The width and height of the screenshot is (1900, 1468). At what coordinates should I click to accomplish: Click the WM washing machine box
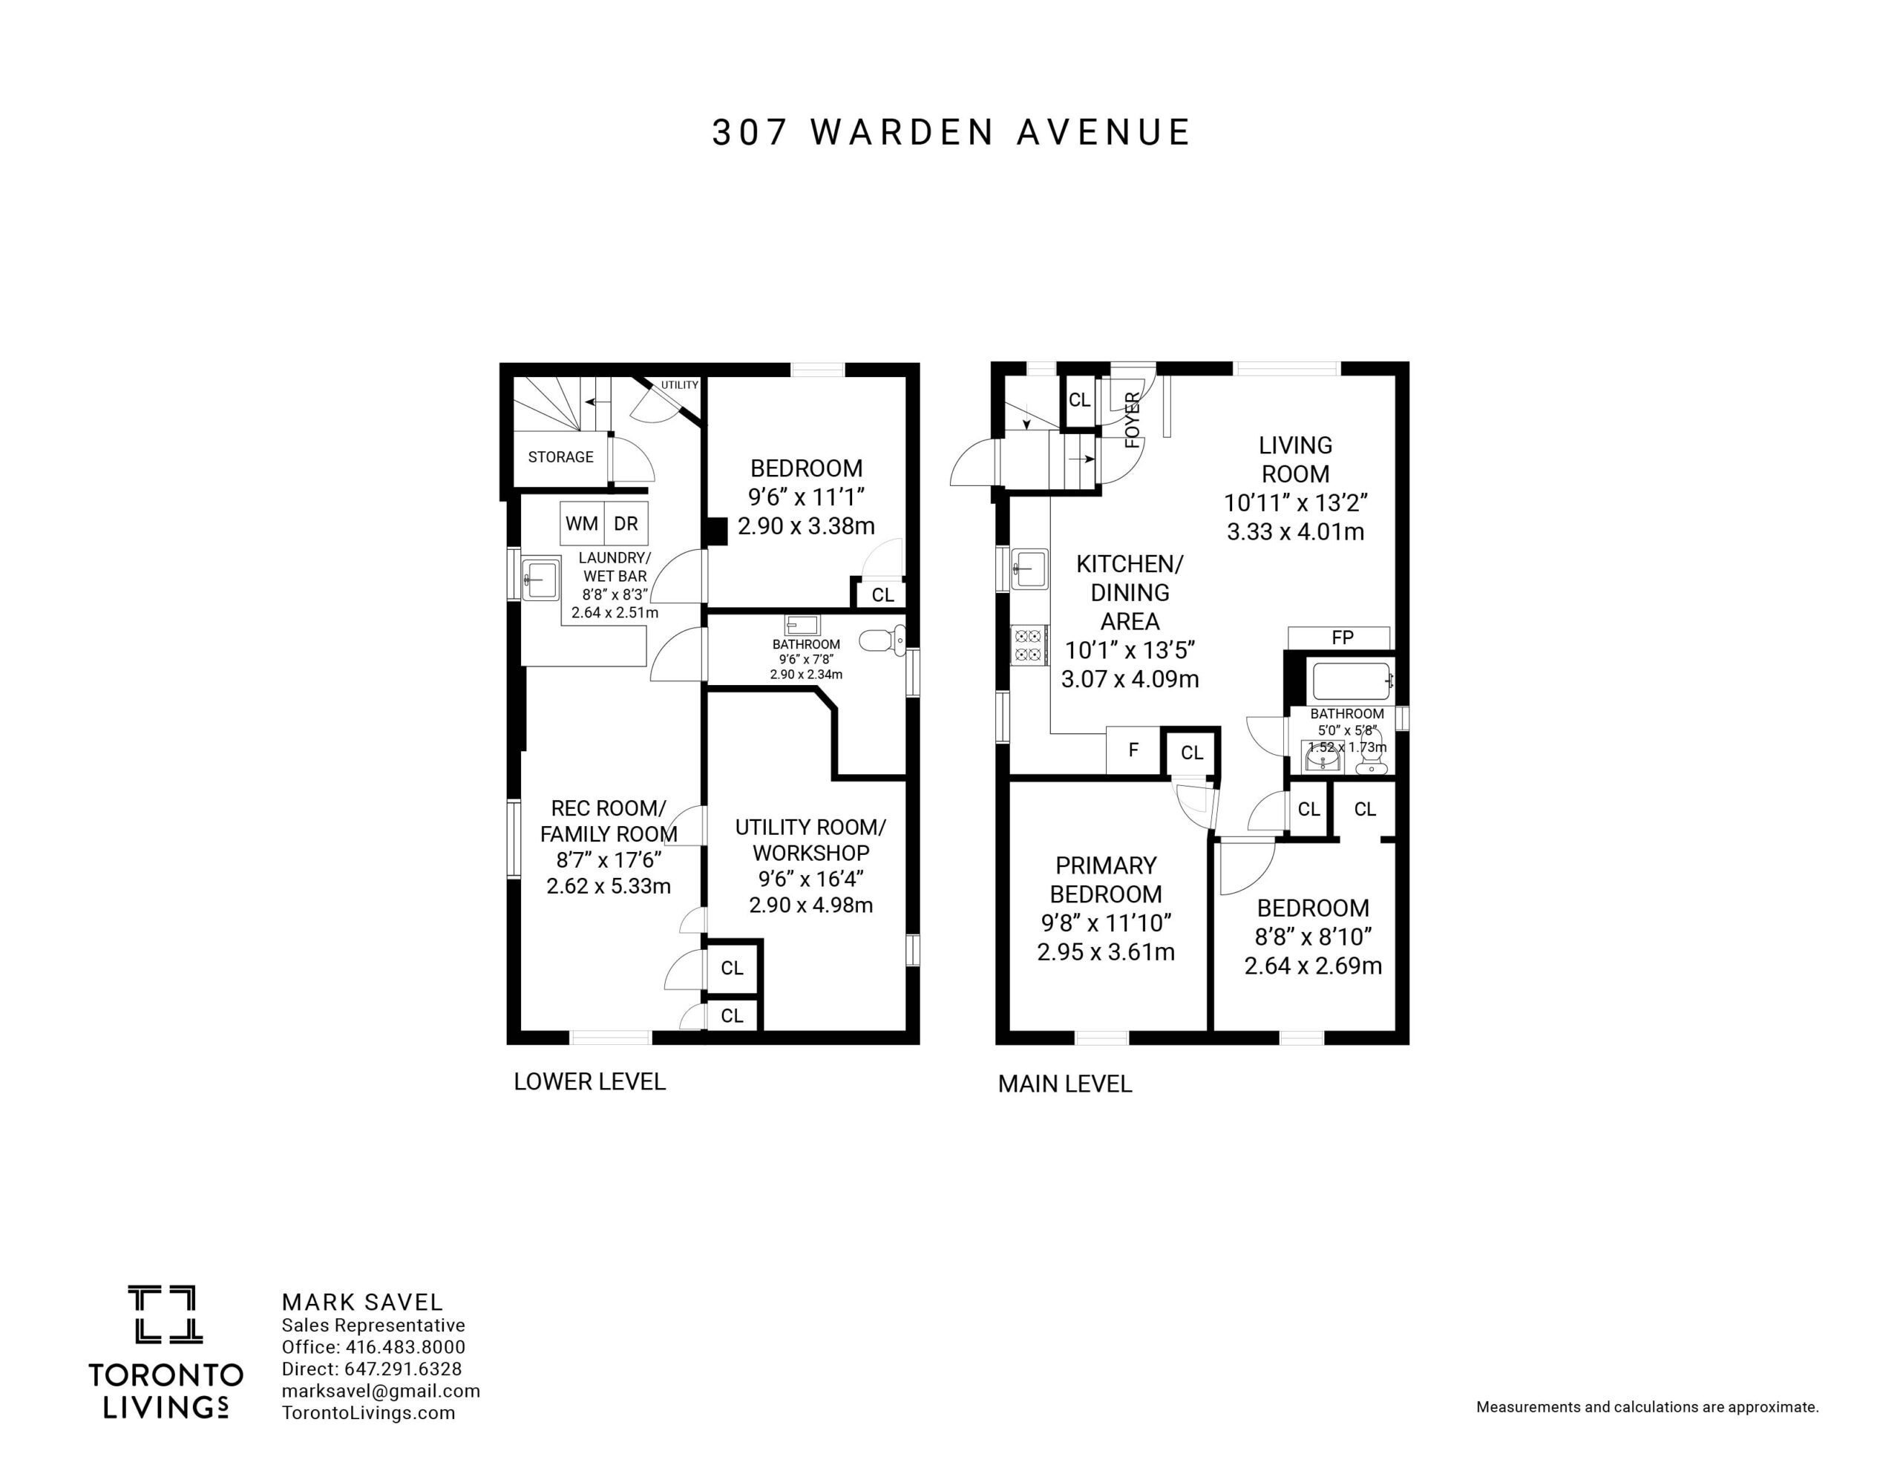pos(582,523)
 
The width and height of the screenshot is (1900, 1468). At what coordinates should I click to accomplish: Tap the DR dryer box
pos(626,523)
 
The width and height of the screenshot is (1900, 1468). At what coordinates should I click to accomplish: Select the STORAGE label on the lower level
pos(560,457)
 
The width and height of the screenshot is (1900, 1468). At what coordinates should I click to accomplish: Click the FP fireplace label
pos(1343,638)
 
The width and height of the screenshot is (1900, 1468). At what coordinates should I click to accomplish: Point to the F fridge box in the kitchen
pos(1133,750)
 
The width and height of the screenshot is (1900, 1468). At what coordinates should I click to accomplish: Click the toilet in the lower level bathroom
pos(883,641)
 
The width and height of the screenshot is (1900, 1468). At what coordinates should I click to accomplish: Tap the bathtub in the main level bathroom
pos(1351,681)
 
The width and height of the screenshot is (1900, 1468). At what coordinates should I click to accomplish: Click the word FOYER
pos(1133,420)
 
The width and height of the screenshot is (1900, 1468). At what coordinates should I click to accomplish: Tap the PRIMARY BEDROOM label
pos(1106,879)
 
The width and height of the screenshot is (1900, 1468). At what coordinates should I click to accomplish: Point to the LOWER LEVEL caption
pos(590,1081)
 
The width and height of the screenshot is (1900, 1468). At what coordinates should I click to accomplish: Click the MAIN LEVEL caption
pos(1065,1084)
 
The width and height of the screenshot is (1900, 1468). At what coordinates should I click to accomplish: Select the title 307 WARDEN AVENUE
pos(951,132)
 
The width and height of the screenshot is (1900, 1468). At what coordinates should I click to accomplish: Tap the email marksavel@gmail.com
pos(381,1391)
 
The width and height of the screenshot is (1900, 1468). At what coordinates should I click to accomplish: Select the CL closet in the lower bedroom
pos(882,594)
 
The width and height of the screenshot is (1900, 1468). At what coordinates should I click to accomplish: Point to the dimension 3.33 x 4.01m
pos(1295,531)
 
